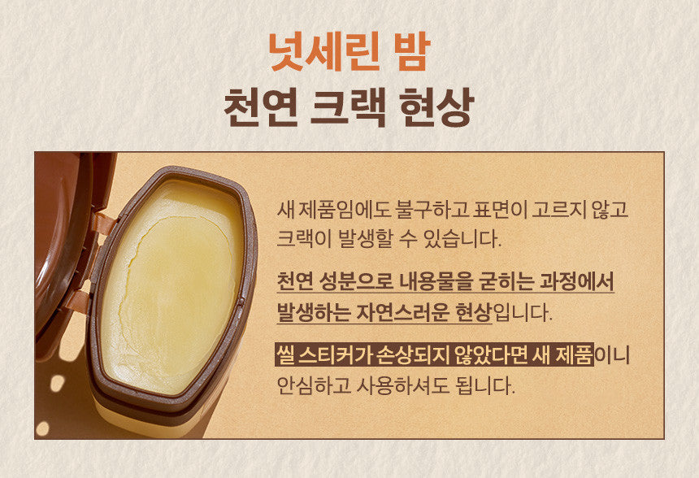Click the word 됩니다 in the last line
(x=484, y=385)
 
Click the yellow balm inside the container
(x=171, y=285)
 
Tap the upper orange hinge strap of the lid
(x=103, y=223)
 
